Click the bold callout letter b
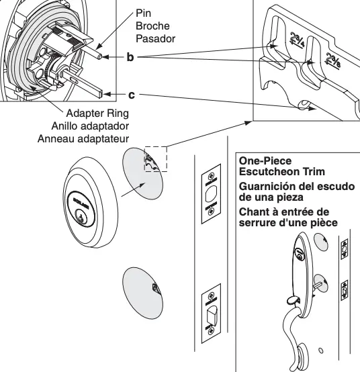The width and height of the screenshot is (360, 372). (x=130, y=58)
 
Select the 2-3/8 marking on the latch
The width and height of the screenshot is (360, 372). (x=329, y=61)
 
